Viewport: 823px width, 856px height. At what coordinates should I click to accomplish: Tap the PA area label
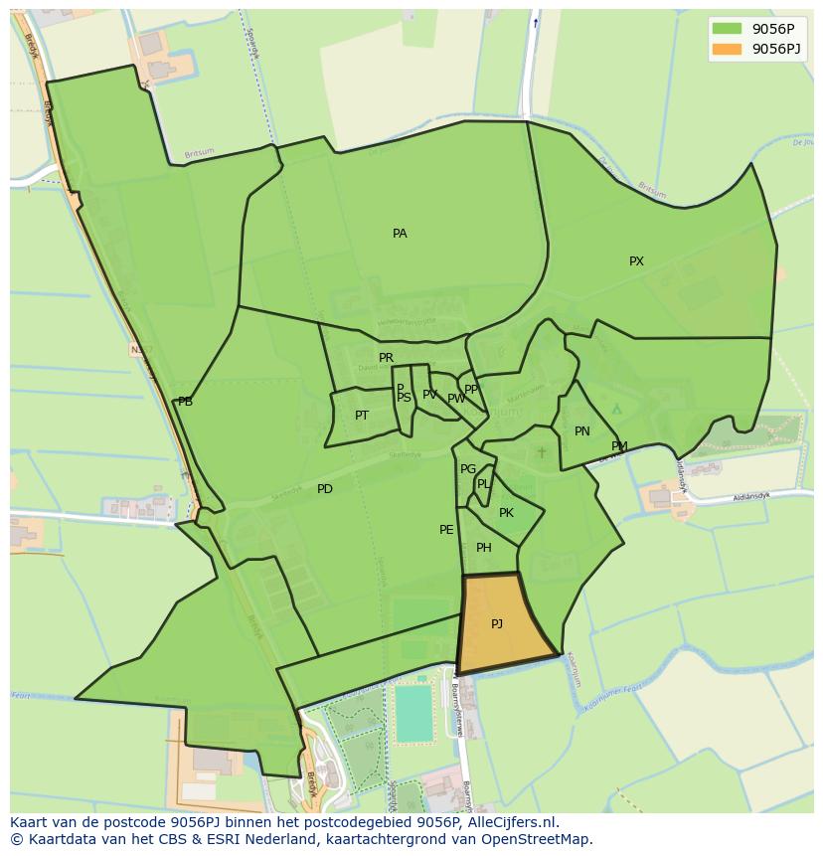click(x=400, y=234)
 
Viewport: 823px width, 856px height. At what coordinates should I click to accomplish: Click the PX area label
click(x=636, y=261)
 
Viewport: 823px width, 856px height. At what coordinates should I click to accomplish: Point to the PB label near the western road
click(x=185, y=402)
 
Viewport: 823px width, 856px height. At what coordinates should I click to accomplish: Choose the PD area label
click(x=325, y=489)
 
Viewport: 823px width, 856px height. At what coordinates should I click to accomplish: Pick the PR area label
click(x=386, y=358)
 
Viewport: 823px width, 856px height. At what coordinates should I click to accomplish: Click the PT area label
click(x=362, y=416)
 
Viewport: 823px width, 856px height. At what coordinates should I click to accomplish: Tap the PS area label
click(x=404, y=398)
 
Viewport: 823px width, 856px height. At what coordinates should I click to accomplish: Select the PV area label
click(x=429, y=395)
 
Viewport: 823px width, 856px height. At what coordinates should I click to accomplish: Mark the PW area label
click(x=455, y=399)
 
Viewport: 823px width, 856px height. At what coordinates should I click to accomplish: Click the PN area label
click(x=582, y=431)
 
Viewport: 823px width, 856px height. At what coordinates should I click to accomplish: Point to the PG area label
click(x=468, y=469)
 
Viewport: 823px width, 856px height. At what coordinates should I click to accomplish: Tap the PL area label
click(x=483, y=484)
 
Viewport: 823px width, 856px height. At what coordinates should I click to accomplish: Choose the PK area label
click(x=506, y=513)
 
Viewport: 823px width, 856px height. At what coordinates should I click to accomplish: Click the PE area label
click(x=446, y=530)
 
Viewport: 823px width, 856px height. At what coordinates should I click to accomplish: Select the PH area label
click(x=484, y=548)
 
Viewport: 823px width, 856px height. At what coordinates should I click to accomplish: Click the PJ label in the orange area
click(x=497, y=624)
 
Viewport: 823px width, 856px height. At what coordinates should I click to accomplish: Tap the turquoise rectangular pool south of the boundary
click(x=414, y=714)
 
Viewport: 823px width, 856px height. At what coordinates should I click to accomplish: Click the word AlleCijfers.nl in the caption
click(x=514, y=823)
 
